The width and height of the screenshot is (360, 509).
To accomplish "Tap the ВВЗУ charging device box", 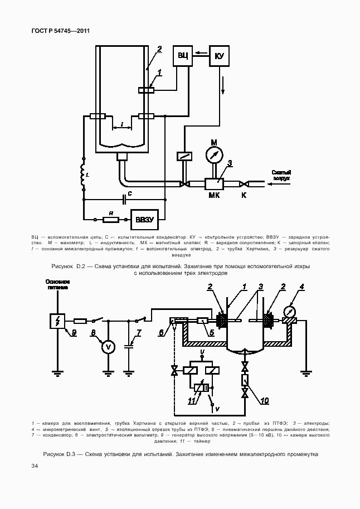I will pos(144,219).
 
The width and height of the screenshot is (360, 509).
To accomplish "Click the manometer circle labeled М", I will pos(213,153).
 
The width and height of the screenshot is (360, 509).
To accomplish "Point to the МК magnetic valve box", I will pos(214,183).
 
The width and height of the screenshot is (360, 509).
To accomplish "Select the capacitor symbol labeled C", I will pos(123,197).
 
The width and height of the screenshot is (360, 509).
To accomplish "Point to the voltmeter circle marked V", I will pos(109,347).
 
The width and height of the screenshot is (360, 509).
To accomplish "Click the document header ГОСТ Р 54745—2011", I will pos(61,31).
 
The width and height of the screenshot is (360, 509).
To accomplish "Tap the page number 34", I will pos(35,466).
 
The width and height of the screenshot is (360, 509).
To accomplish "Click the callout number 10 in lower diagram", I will pos(264,400).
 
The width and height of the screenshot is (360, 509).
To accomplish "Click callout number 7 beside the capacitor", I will pos(139,333).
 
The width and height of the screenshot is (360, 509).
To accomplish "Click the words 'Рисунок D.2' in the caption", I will pos(67,266).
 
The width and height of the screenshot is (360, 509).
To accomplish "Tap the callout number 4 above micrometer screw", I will pos(301,287).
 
